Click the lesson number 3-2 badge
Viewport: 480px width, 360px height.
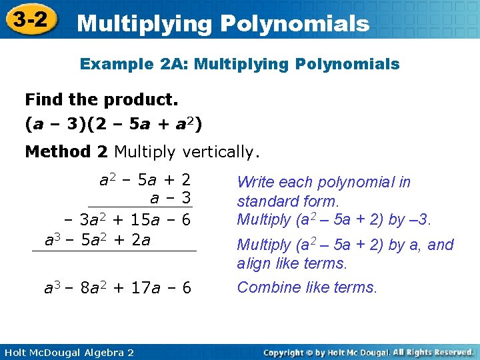coord(29,19)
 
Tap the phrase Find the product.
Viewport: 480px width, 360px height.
coord(101,100)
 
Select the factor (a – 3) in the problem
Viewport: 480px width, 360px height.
coord(54,124)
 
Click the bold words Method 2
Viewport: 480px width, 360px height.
coord(66,151)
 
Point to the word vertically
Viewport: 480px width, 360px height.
coord(218,151)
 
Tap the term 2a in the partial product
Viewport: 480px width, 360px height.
coord(141,239)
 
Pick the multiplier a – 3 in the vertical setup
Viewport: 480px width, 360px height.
coord(171,198)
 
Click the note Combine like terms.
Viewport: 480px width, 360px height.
coord(307,287)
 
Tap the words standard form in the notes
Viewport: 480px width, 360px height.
coord(288,201)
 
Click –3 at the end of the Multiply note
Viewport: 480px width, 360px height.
coord(423,219)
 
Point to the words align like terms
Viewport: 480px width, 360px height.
coord(292,263)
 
